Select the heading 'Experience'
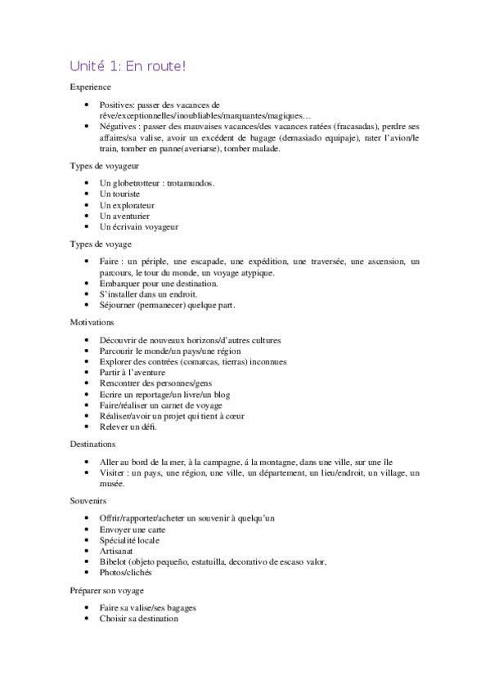tap(91, 87)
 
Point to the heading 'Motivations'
tap(92, 322)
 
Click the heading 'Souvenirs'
tap(89, 499)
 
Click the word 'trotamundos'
tap(188, 183)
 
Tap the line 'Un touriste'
tap(119, 194)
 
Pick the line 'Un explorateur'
tap(126, 205)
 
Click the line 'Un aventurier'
tap(124, 216)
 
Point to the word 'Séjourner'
tap(118, 306)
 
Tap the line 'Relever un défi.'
tap(128, 427)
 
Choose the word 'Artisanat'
tap(116, 551)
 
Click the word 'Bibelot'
tap(114, 561)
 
